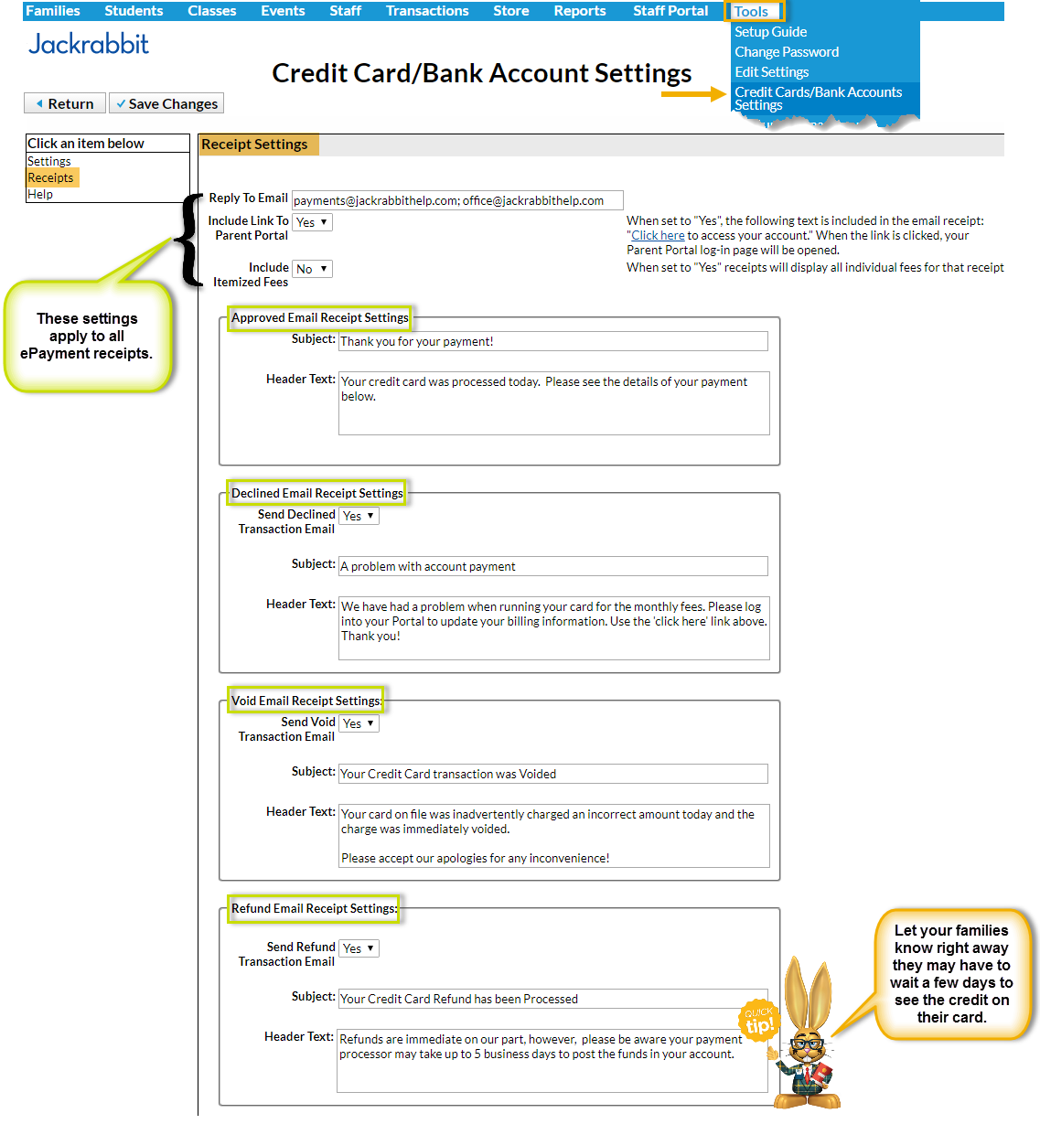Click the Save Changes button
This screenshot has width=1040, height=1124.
[x=166, y=104]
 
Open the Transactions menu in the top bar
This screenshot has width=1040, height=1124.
[x=426, y=11]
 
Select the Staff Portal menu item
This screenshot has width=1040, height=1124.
[x=670, y=11]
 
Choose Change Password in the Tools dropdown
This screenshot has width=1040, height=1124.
[x=786, y=52]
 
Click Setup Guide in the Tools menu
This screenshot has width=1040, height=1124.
[x=770, y=32]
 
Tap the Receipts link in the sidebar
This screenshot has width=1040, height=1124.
[x=50, y=177]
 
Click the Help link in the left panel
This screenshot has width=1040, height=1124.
[x=40, y=194]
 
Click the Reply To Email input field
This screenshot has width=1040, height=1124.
[x=457, y=200]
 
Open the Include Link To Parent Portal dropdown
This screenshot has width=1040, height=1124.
[x=312, y=222]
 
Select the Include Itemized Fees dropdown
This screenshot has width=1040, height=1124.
[x=312, y=269]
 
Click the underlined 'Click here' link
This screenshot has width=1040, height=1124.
[x=658, y=235]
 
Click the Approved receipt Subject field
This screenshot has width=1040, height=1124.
[x=552, y=341]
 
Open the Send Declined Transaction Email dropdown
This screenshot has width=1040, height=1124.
[x=359, y=516]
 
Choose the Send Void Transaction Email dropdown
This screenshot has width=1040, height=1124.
[x=359, y=723]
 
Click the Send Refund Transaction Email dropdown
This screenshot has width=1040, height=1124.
[x=359, y=948]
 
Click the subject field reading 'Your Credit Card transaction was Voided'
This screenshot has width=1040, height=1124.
[x=552, y=774]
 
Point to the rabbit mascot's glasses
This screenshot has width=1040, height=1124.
[x=808, y=1044]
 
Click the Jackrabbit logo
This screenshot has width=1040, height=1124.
[x=89, y=44]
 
